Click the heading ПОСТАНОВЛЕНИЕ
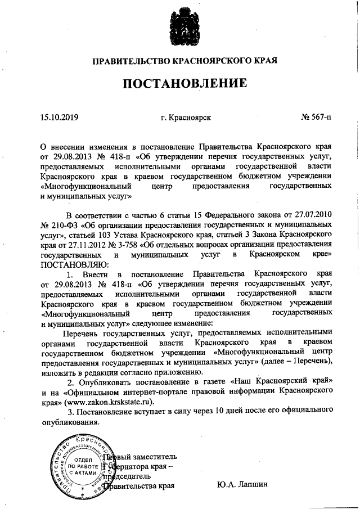185,84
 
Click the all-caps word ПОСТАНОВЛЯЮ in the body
71,265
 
